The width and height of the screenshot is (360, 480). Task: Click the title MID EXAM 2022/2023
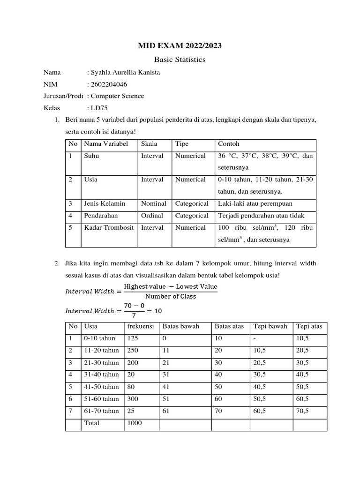(x=180, y=45)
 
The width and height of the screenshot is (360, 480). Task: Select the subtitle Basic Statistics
(x=180, y=60)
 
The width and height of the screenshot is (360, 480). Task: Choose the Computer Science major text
(x=117, y=96)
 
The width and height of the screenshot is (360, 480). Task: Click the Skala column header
(x=149, y=144)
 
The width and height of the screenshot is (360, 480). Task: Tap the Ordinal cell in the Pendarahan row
(x=152, y=216)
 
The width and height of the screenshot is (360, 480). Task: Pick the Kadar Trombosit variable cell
(x=109, y=228)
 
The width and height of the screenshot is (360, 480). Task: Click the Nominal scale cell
(x=153, y=203)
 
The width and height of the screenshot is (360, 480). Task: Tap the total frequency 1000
(x=135, y=423)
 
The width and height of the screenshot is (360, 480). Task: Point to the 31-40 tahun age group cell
(x=101, y=375)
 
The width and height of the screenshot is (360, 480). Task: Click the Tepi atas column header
(x=309, y=326)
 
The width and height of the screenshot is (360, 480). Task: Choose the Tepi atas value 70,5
(x=302, y=411)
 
